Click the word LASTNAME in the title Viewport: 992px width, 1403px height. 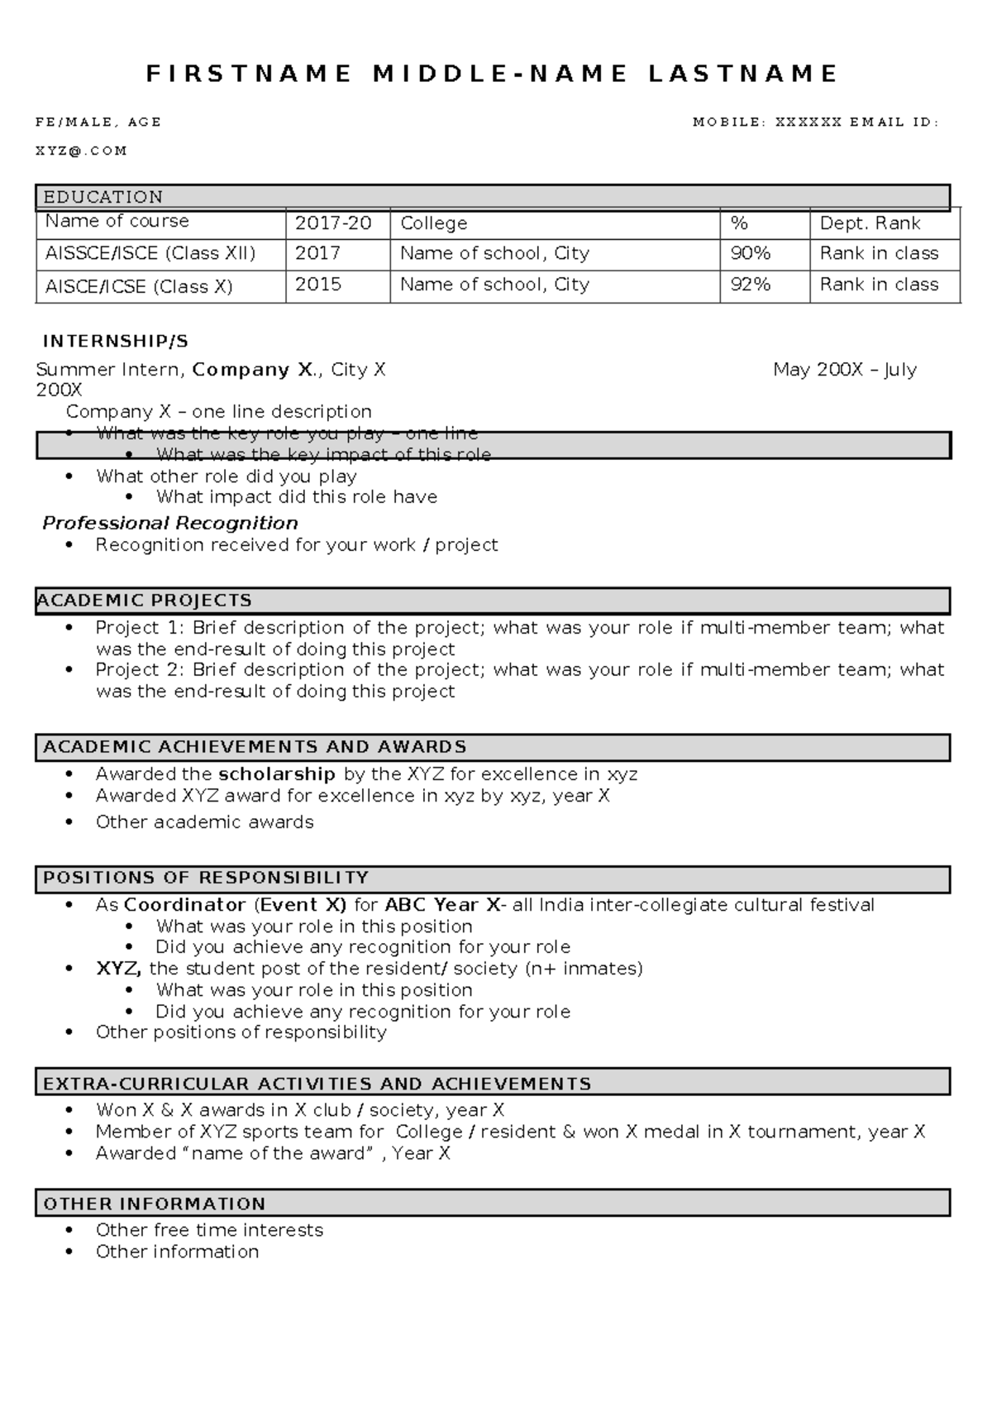click(742, 74)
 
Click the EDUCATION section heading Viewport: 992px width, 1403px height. click(103, 197)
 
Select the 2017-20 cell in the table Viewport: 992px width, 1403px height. click(333, 223)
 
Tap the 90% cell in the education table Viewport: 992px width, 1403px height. click(750, 253)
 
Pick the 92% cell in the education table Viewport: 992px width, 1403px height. click(750, 285)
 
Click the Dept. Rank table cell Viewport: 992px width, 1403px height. click(870, 223)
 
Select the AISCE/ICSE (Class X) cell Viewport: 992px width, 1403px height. click(139, 287)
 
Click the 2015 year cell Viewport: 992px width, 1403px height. click(318, 285)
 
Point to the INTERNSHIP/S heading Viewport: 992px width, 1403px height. click(116, 341)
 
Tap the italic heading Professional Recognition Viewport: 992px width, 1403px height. click(170, 523)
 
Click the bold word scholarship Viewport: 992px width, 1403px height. click(276, 774)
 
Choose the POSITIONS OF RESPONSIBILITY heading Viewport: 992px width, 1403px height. click(206, 878)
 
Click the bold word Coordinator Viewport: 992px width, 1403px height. click(184, 905)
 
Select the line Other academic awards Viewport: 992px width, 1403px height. click(204, 822)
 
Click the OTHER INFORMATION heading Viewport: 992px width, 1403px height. click(154, 1204)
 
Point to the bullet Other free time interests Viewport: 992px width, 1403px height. click(209, 1230)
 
